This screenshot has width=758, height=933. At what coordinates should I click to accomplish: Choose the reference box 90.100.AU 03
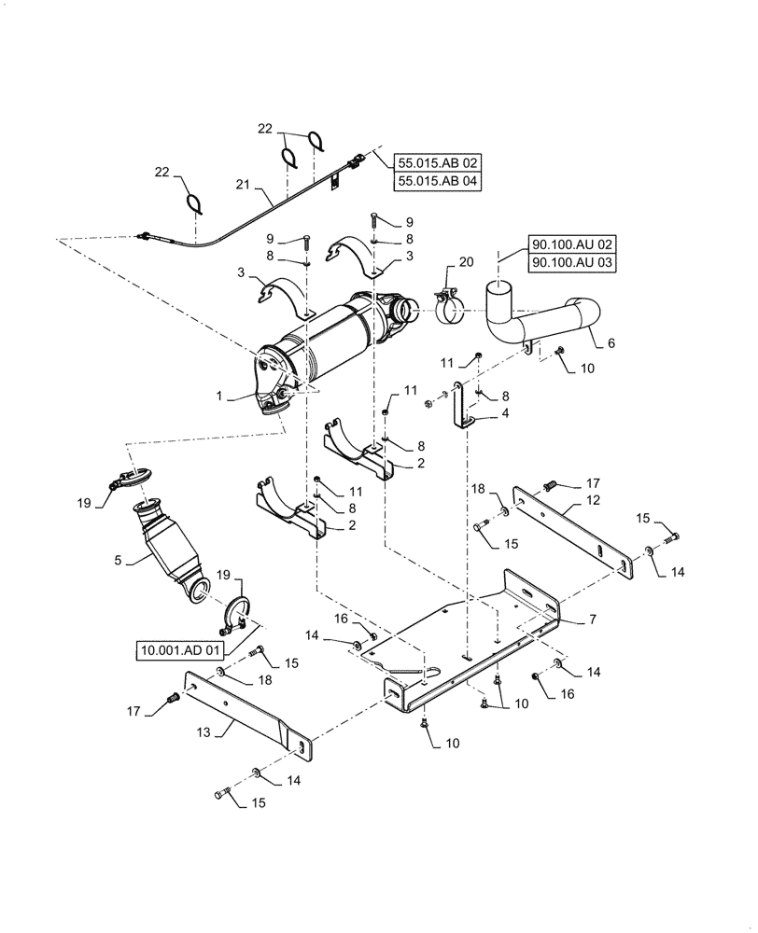tap(574, 264)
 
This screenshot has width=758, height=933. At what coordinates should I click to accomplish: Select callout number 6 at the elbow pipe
tap(611, 343)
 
